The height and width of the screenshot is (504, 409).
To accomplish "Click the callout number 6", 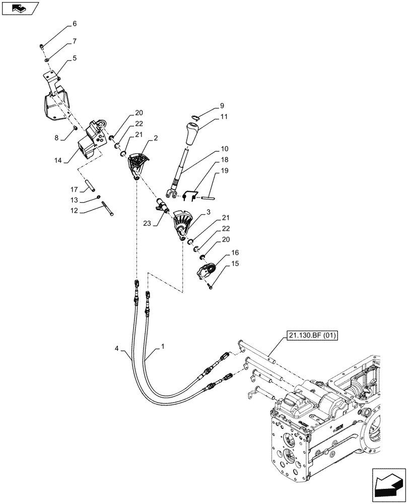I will coord(75,24).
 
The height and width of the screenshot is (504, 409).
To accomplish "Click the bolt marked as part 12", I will coord(107,208).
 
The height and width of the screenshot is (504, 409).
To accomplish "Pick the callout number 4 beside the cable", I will coord(117,348).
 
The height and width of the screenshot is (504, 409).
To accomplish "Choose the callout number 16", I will coord(235,252).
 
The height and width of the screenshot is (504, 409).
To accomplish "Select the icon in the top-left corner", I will coord(20,9).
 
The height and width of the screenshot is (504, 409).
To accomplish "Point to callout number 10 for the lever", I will coord(224,149).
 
